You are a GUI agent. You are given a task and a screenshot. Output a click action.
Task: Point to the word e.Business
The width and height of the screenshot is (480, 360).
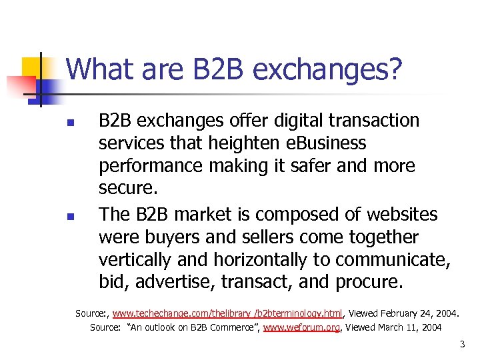click(x=332, y=143)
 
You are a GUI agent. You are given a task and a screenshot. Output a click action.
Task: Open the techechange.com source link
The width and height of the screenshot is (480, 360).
click(x=227, y=313)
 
